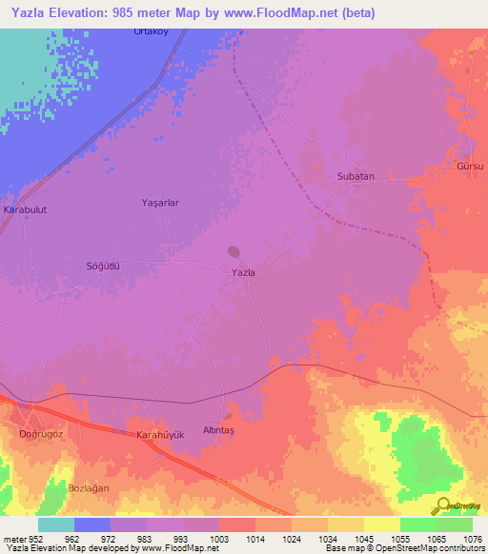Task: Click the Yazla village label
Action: pyautogui.click(x=244, y=272)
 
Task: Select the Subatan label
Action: pyautogui.click(x=356, y=176)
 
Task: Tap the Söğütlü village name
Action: pyautogui.click(x=105, y=267)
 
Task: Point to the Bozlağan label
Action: pyautogui.click(x=91, y=488)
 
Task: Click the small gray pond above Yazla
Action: pyautogui.click(x=233, y=252)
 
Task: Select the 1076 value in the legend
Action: pyautogui.click(x=473, y=538)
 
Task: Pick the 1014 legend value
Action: pyautogui.click(x=255, y=538)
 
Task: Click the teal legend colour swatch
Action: pyautogui.click(x=56, y=524)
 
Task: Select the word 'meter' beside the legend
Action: pyautogui.click(x=13, y=538)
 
